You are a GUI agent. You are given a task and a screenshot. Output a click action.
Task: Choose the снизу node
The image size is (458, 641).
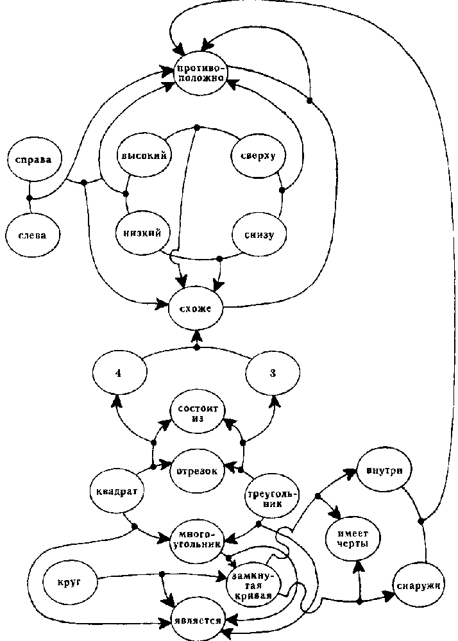[259, 235]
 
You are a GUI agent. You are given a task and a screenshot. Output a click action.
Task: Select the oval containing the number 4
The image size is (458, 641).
[118, 374]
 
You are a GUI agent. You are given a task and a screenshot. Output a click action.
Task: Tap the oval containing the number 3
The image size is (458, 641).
[273, 374]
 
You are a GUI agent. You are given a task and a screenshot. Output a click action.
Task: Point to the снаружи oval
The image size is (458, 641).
[420, 585]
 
